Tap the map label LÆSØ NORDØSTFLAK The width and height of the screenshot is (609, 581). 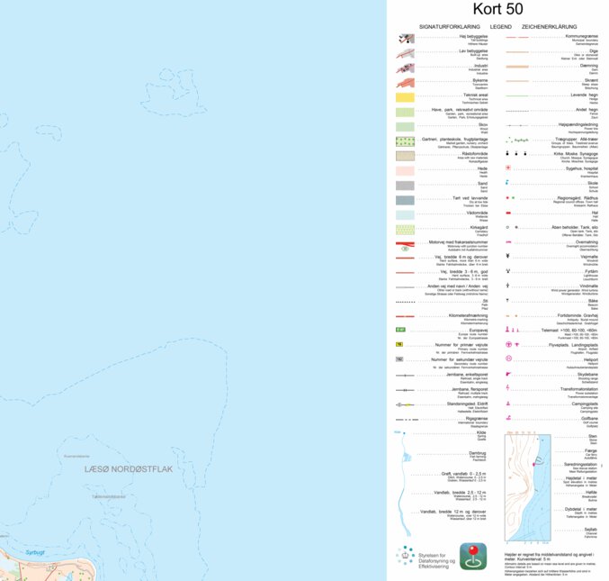tap(128, 468)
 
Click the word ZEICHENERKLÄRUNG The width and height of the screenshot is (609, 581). tap(551, 27)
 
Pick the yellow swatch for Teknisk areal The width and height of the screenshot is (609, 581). tap(405, 95)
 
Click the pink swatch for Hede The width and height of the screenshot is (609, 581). tap(405, 169)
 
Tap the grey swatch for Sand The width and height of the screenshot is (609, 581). tap(405, 185)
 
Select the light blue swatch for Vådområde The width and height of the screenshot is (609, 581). tap(405, 214)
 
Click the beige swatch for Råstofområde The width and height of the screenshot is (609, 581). tap(405, 155)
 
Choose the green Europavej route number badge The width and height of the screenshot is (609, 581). tap(400, 331)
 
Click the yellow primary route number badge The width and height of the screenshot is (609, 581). tap(399, 344)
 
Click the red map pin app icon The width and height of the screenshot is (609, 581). tap(473, 556)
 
